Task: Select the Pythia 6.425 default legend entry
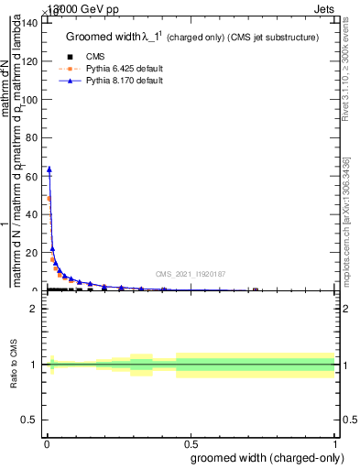120,69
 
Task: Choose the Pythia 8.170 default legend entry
120,81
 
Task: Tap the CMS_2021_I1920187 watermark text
191,273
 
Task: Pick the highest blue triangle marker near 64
49,169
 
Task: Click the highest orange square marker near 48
49,199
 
